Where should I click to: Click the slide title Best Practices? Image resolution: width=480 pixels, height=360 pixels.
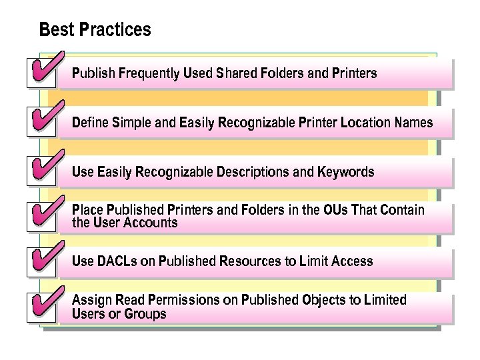[95, 30]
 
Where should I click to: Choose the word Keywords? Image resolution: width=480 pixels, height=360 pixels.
[345, 172]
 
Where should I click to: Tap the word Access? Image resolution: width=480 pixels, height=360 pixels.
[352, 261]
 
